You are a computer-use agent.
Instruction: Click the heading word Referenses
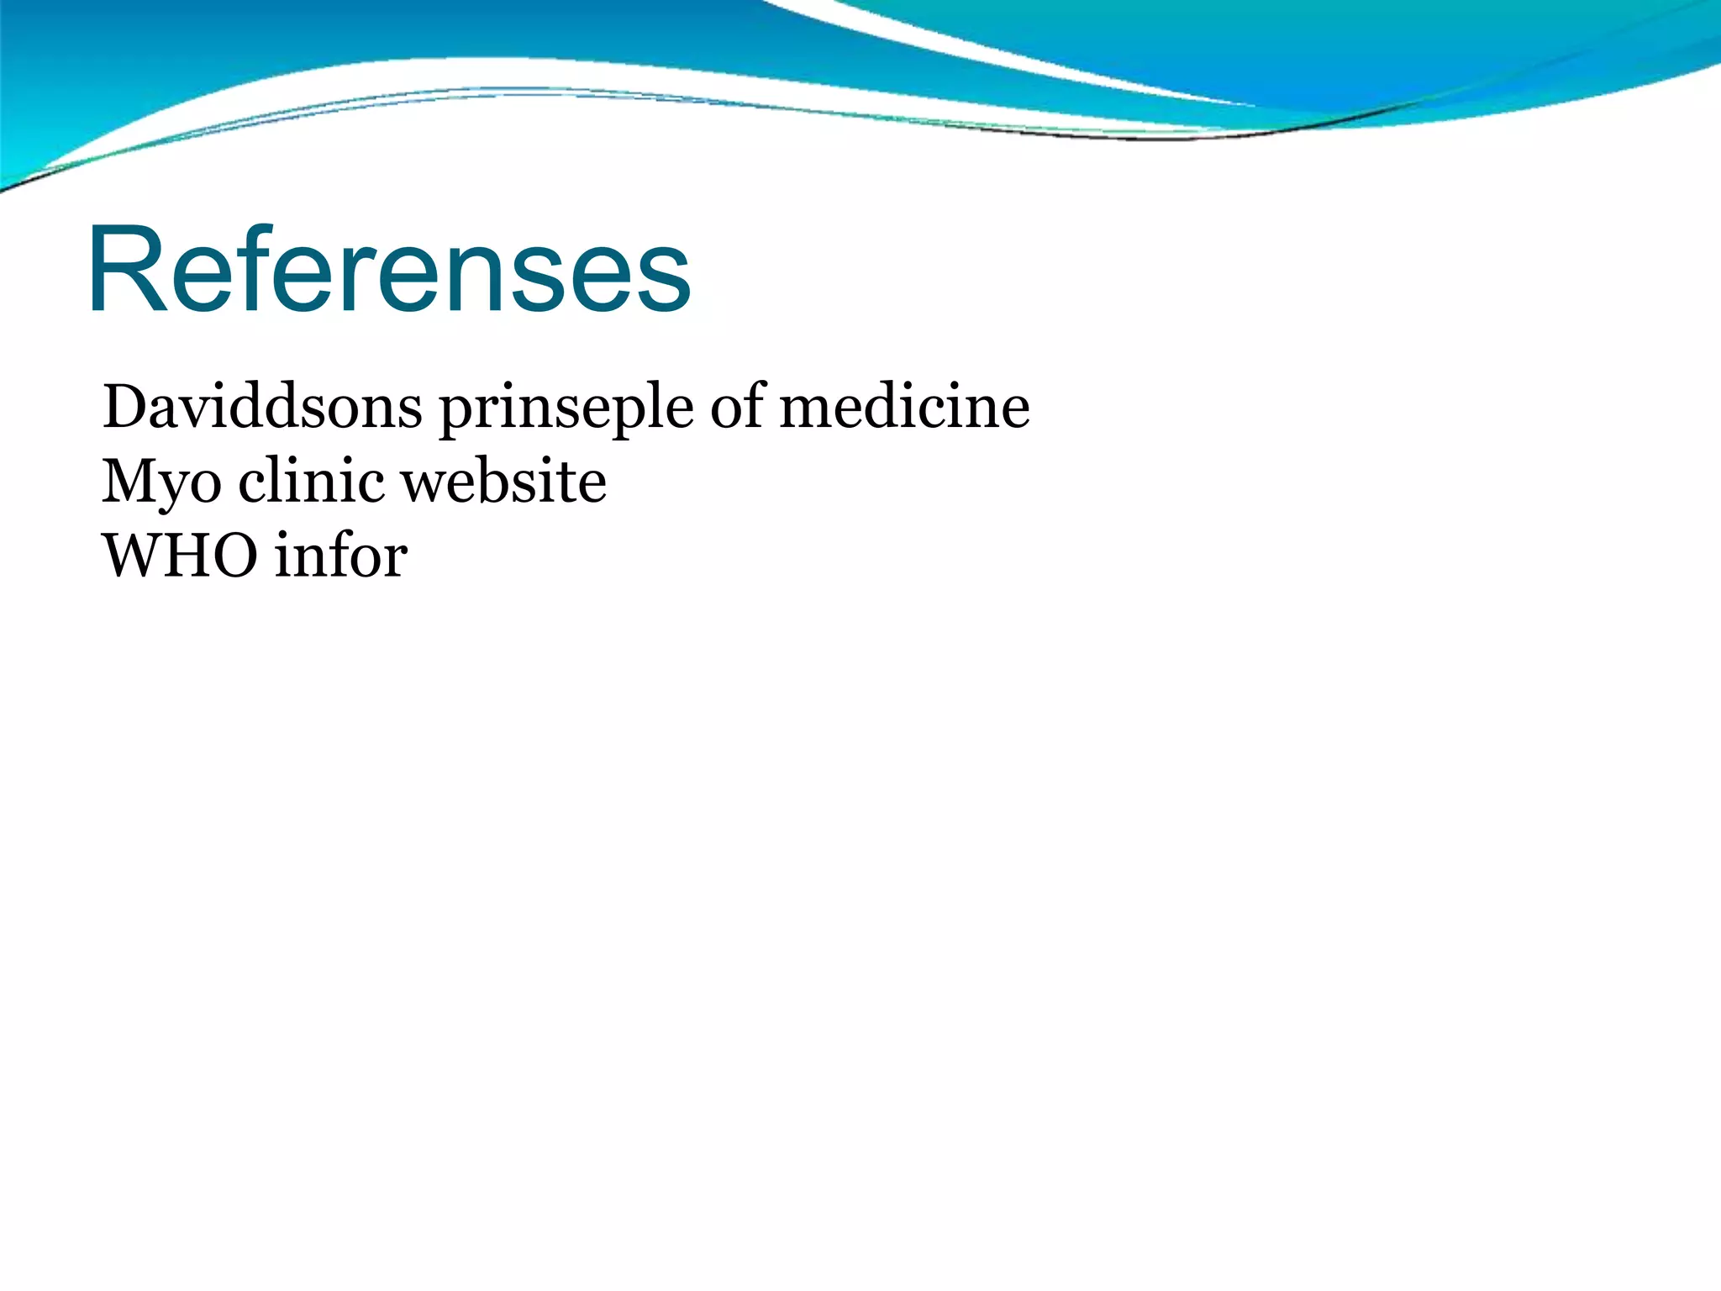[388, 271]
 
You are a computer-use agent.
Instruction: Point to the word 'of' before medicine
[739, 407]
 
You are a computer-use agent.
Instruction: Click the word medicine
[904, 407]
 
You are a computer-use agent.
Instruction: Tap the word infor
[341, 556]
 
